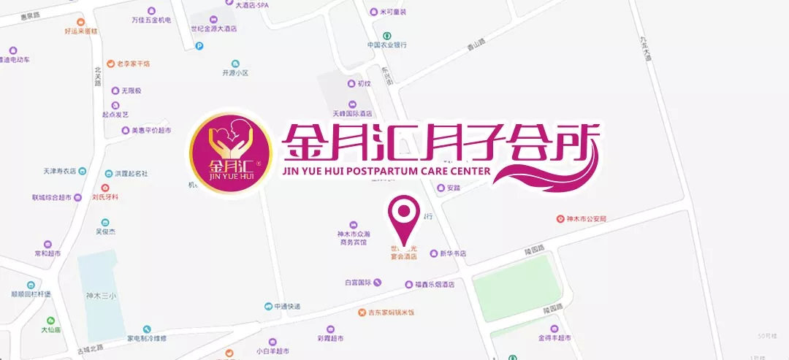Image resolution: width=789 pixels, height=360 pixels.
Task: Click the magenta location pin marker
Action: pyautogui.click(x=402, y=213)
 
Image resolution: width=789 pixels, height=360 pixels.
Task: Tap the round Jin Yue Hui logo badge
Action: pyautogui.click(x=230, y=155)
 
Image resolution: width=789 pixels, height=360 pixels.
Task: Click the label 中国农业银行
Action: pyautogui.click(x=386, y=44)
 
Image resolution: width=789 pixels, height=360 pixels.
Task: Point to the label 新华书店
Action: pyautogui.click(x=452, y=253)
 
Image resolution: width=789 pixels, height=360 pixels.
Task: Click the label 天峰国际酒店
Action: pyautogui.click(x=353, y=113)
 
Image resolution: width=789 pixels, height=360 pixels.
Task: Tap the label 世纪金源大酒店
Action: pyautogui.click(x=214, y=28)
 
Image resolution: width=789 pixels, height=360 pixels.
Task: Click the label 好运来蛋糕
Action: pyautogui.click(x=81, y=31)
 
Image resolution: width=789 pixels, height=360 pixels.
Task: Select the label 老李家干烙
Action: pyautogui.click(x=134, y=64)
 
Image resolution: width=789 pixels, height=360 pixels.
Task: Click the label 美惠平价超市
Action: pyautogui.click(x=151, y=130)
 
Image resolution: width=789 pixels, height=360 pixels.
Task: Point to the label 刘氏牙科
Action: pyautogui.click(x=105, y=196)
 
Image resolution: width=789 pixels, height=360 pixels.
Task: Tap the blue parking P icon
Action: pyautogui.click(x=199, y=45)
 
